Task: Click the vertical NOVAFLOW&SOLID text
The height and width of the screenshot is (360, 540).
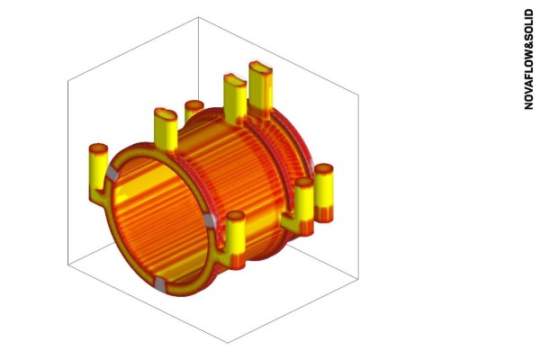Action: pos(529,58)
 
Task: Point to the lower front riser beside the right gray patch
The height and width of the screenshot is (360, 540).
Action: pos(237,236)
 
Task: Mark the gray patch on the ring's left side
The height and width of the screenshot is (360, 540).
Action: pos(112,172)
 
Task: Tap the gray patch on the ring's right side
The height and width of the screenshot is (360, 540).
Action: pos(211,220)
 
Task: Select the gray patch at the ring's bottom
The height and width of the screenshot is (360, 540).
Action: pos(160,285)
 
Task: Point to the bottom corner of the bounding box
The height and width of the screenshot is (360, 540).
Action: pos(226,343)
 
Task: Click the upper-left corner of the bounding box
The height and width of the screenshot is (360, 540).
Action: pos(67,80)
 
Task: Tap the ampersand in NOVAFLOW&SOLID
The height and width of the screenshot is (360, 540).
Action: pos(529,50)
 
